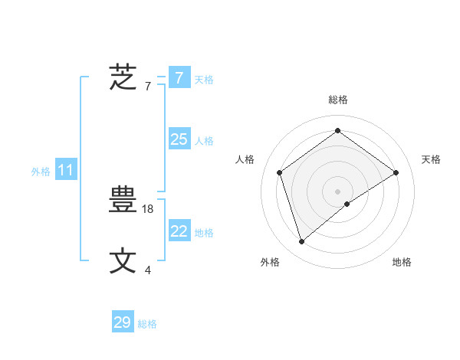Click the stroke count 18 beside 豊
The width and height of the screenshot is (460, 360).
[x=149, y=208]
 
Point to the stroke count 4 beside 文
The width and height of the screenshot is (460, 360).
[x=148, y=270]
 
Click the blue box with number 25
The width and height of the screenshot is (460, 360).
[x=179, y=139]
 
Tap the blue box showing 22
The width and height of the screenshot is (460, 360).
[x=179, y=231]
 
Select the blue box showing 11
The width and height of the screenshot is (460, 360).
[x=65, y=170]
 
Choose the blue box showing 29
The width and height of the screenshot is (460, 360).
[x=122, y=322]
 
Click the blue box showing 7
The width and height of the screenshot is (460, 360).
[x=179, y=78]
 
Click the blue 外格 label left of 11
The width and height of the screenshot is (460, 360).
[x=41, y=172]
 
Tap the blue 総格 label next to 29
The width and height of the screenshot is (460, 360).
[x=147, y=324]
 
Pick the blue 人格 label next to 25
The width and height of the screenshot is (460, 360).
[x=204, y=141]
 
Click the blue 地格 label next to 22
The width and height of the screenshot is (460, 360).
[x=204, y=233]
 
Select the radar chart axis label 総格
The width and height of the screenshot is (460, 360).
[x=337, y=100]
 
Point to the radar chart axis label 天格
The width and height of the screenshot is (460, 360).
[x=431, y=159]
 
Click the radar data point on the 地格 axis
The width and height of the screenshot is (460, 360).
[x=347, y=204]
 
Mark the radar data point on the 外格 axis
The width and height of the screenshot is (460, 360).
[x=302, y=242]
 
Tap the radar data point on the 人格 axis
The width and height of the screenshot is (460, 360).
[x=280, y=172]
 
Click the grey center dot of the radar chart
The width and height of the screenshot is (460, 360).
[x=337, y=191]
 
